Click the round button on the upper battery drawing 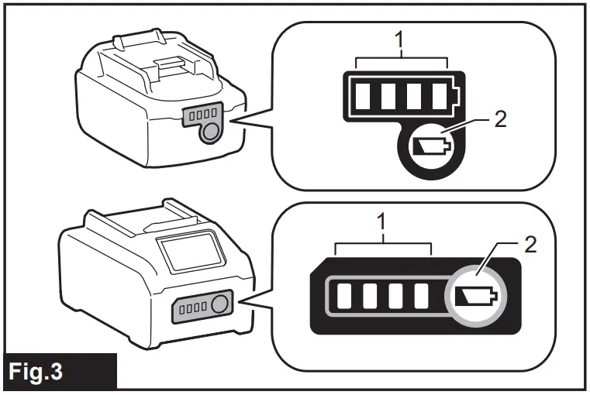tap(206, 132)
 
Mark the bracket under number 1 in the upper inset tap(401, 60)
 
